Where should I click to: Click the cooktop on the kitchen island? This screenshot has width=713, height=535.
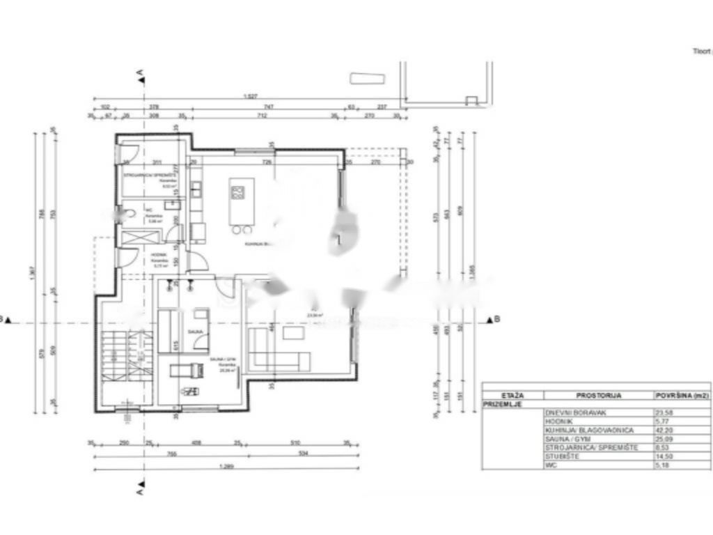click(x=238, y=192)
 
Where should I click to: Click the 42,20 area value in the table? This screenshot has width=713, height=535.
click(x=664, y=431)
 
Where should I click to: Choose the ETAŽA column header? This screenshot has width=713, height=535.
click(x=512, y=395)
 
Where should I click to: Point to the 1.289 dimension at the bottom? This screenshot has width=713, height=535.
click(x=224, y=467)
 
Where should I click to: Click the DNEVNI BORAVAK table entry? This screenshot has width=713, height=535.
click(x=569, y=412)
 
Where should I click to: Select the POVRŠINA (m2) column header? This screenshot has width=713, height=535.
click(x=681, y=395)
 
